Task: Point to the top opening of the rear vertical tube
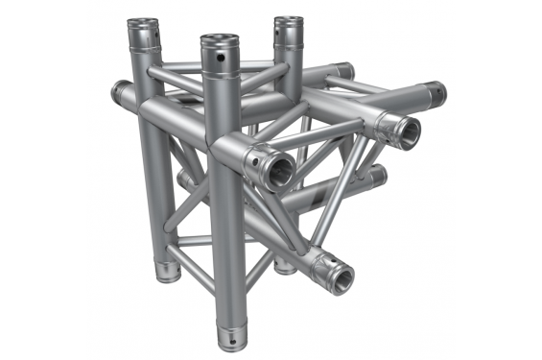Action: [285, 22]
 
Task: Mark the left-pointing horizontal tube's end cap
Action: [119, 93]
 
